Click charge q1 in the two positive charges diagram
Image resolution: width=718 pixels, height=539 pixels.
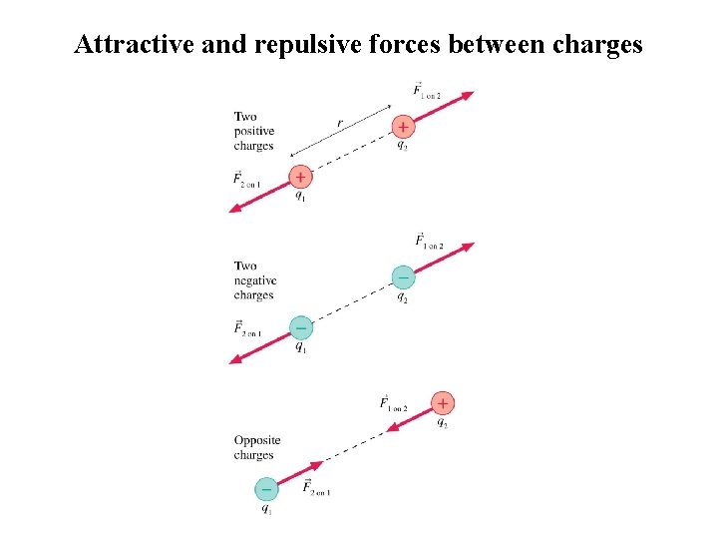point(300,177)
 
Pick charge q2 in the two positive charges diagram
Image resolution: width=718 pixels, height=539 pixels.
point(402,127)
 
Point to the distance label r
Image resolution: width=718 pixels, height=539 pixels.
point(340,123)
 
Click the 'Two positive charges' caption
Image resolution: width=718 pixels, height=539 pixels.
point(253,132)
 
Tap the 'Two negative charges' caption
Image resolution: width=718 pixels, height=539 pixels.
point(254,280)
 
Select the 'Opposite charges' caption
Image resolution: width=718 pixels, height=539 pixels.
point(256,447)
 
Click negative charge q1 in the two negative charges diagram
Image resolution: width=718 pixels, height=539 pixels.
point(300,326)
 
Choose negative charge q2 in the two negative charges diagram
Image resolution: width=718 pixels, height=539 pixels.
point(402,276)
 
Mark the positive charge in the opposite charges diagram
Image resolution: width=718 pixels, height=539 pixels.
point(443,403)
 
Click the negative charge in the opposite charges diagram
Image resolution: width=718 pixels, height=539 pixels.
point(265,489)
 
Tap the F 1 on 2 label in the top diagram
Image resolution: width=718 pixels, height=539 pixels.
point(427,91)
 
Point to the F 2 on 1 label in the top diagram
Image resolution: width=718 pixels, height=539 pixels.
point(246,181)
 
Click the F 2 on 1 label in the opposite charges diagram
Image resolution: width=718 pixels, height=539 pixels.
point(316,488)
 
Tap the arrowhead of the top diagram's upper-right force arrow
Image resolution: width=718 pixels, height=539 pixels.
point(468,95)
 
